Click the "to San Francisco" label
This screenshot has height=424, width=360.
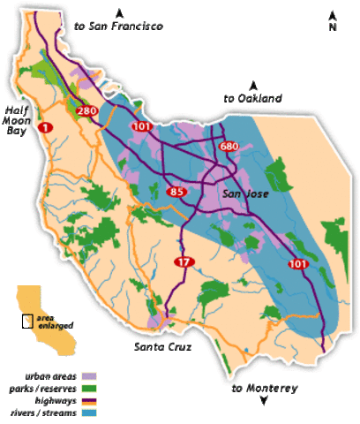120,27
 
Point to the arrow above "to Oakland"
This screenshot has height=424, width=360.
252,85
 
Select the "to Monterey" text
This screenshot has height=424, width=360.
265,389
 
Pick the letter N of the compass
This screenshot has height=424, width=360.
333,26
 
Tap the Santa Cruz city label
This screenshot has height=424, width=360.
162,346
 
